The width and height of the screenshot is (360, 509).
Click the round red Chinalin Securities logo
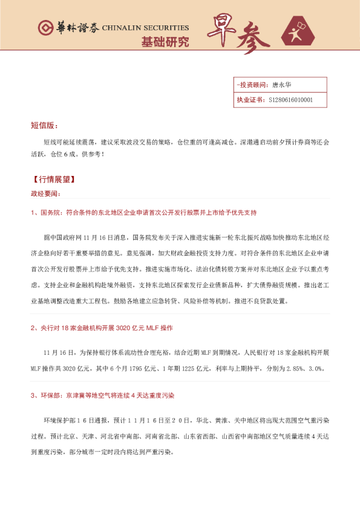(x=45, y=28)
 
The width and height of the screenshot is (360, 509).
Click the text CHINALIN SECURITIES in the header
(x=145, y=28)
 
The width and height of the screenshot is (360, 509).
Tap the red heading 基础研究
(x=165, y=42)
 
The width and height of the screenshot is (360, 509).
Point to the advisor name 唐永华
(x=282, y=85)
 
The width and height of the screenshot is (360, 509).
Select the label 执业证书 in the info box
(x=250, y=100)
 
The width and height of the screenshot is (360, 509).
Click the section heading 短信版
(x=44, y=126)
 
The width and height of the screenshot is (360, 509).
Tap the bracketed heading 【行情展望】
(x=53, y=180)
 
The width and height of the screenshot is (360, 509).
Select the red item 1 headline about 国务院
(x=144, y=212)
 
